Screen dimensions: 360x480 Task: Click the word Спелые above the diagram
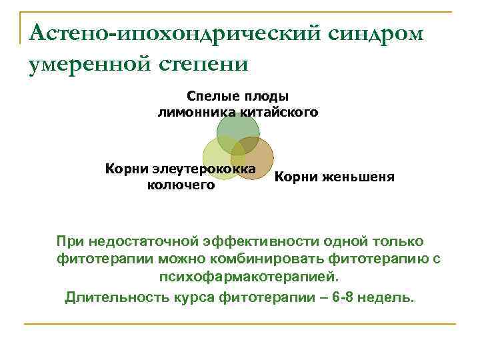[211, 97]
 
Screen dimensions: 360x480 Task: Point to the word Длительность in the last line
[113, 297]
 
